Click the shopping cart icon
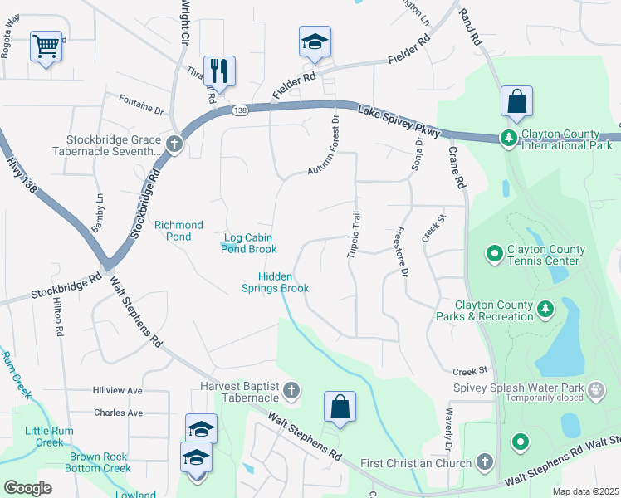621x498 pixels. pyautogui.click(x=46, y=45)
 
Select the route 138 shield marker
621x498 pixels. pyautogui.click(x=240, y=110)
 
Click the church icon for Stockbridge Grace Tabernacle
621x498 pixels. pyautogui.click(x=174, y=144)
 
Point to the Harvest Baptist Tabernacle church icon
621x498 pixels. pyautogui.click(x=291, y=389)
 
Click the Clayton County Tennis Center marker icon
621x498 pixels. pyautogui.click(x=495, y=251)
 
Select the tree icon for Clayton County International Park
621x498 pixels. pyautogui.click(x=508, y=137)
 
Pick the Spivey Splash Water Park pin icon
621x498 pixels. pyautogui.click(x=595, y=389)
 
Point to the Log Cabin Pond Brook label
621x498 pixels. pyautogui.click(x=249, y=242)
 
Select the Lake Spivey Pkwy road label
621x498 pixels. pyautogui.click(x=395, y=119)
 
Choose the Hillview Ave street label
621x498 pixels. pyautogui.click(x=118, y=390)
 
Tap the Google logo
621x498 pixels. pyautogui.click(x=28, y=487)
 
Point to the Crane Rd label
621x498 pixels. pyautogui.click(x=459, y=167)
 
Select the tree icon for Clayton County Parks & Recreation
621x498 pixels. pyautogui.click(x=545, y=310)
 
